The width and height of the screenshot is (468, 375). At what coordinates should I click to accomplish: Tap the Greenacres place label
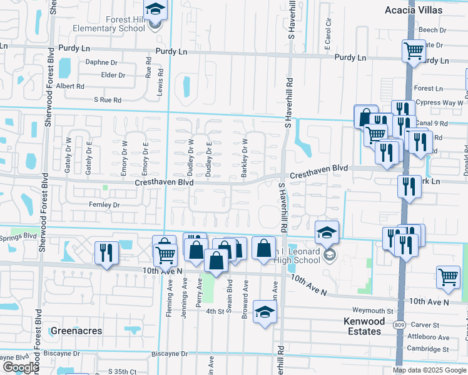[x=76, y=331]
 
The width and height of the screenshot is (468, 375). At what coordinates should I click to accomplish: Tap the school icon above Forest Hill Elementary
[x=154, y=11]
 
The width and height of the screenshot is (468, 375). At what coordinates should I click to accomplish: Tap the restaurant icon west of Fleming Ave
[x=106, y=253]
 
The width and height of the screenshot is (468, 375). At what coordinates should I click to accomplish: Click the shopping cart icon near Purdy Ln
[x=413, y=51]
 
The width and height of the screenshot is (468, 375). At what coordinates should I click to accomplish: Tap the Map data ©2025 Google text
[x=430, y=370]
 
